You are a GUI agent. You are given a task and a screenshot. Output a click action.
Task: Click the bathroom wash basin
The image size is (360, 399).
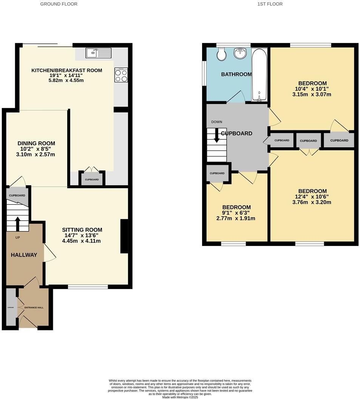pyautogui.click(x=239, y=54)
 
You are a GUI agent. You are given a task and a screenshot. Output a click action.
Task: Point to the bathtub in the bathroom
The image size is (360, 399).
pyautogui.click(x=260, y=74)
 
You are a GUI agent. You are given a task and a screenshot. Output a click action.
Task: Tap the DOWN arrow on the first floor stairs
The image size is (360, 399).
pyautogui.click(x=217, y=135)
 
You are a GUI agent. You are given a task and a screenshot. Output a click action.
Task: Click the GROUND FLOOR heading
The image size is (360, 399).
pyautogui.click(x=59, y=4)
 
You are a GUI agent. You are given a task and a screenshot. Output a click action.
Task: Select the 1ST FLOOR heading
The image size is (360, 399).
pyautogui.click(x=270, y=4)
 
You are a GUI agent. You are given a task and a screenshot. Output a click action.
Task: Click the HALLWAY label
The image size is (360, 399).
pyautogui.click(x=24, y=255)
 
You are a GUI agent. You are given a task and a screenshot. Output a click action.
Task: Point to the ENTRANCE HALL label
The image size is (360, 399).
pyautogui.click(x=34, y=308)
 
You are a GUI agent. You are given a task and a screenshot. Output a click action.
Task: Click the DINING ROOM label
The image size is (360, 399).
pyautogui.click(x=36, y=143)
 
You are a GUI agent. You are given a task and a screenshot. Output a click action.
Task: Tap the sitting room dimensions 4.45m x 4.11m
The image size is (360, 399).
pyautogui.click(x=82, y=241)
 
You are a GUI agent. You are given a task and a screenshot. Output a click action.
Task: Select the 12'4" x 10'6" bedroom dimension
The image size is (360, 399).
pyautogui.click(x=312, y=196)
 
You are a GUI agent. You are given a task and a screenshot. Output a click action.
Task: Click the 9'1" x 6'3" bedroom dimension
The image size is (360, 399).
pyautogui.click(x=236, y=213)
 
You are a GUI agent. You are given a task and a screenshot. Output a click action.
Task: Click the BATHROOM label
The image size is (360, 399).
pyautogui.click(x=236, y=74)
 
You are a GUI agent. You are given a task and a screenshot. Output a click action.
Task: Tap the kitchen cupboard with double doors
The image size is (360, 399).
pyautogui.click(x=92, y=179)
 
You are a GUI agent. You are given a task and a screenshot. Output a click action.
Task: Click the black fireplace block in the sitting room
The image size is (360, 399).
pyautogui.click(x=124, y=236)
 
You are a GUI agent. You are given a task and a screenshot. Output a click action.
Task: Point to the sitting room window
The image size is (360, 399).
pyautogui.click(x=88, y=287)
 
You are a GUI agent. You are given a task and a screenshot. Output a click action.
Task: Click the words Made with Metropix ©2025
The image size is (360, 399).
pyautogui.click(x=180, y=397)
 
